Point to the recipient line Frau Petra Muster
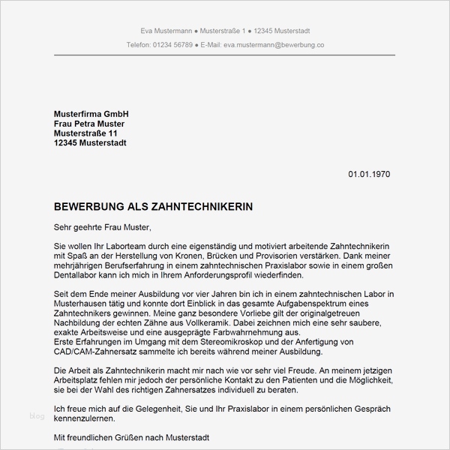point(89,123)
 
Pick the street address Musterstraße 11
point(85,133)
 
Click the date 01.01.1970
point(369,174)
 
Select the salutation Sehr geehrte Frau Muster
point(102,226)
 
